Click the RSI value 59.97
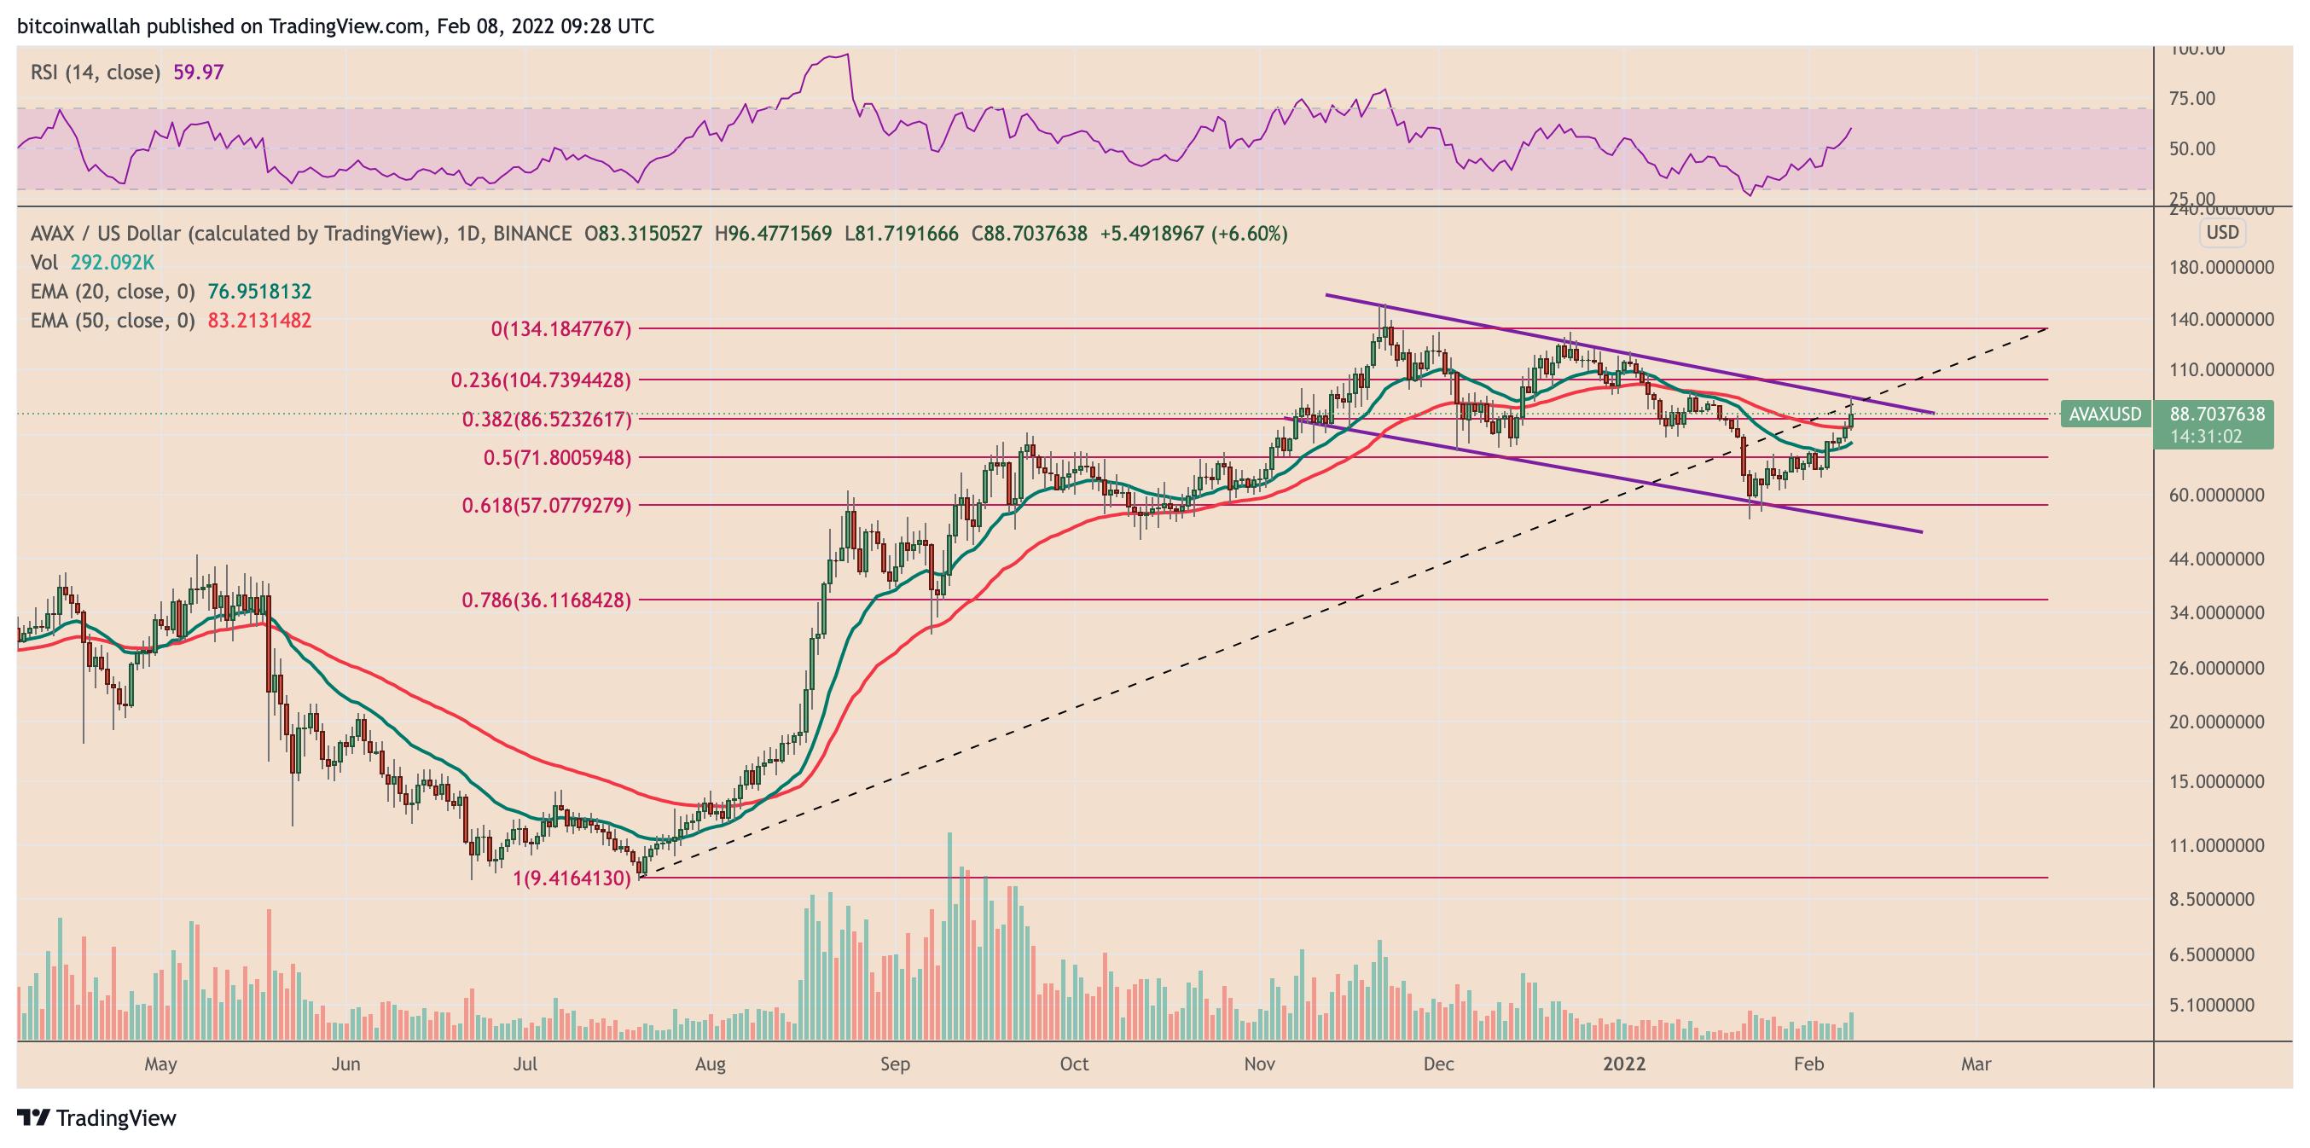[198, 72]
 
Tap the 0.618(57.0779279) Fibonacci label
[546, 505]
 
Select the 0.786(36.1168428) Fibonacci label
[546, 599]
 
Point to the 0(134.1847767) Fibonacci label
[560, 329]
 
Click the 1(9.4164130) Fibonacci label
[572, 878]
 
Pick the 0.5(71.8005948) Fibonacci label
[557, 457]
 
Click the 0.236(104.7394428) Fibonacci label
[541, 380]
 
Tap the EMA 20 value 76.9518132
[259, 292]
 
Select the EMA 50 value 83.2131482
[259, 320]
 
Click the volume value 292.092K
[112, 262]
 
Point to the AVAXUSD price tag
[2104, 415]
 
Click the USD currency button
[2222, 232]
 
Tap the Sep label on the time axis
[894, 1064]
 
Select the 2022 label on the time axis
[1624, 1064]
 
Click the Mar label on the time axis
[1976, 1064]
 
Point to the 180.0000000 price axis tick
[2221, 267]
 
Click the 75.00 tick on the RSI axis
[2191, 99]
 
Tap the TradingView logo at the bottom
[97, 1117]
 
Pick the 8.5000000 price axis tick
[2211, 899]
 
